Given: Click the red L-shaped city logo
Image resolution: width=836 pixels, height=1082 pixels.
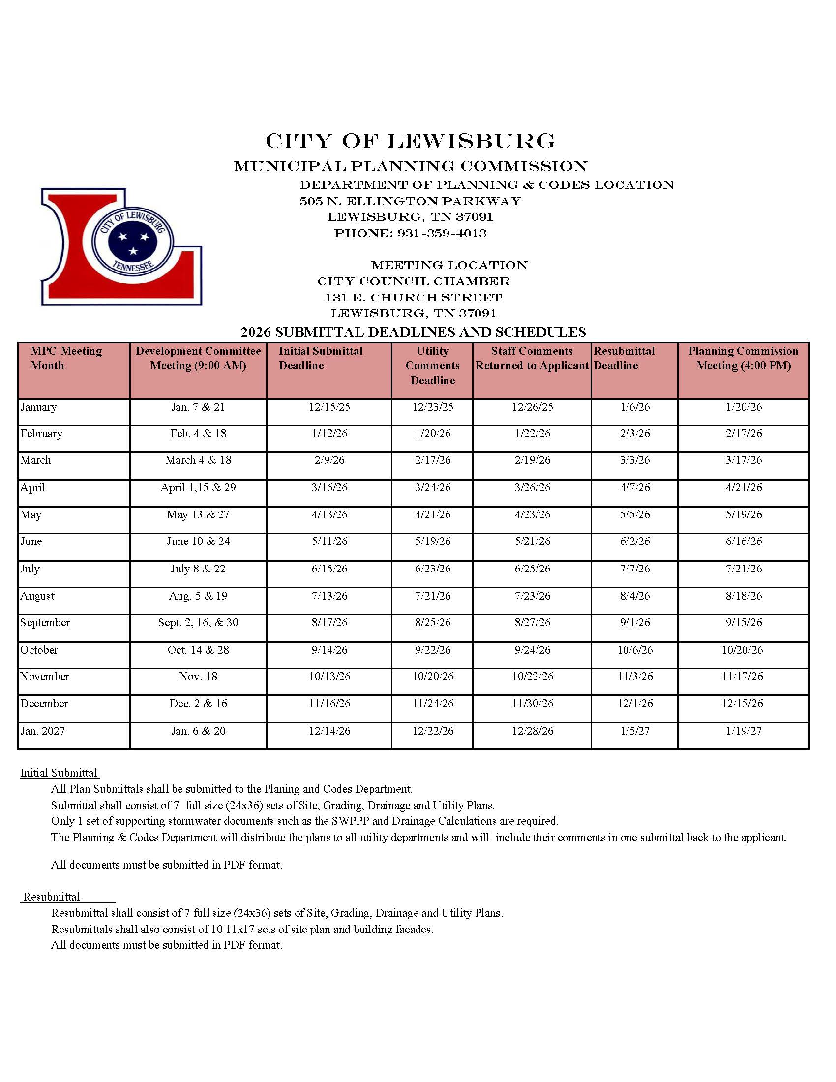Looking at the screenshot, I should point(121,246).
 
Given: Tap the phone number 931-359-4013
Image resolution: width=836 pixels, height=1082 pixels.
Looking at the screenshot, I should point(442,233).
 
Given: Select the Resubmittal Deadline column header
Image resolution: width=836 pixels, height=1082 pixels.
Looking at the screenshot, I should point(624,358).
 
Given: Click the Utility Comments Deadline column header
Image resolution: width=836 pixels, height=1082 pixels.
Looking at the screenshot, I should point(432,365).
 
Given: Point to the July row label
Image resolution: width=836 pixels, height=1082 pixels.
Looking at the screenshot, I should point(30,569).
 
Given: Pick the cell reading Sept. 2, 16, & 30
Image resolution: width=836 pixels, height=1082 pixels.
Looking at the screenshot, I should point(198,622).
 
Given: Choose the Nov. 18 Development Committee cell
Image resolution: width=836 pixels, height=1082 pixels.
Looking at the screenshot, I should point(198,676).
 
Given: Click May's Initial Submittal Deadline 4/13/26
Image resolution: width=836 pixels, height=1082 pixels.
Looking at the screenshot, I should point(329,515).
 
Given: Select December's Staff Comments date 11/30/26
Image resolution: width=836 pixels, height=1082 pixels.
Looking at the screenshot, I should point(533,703).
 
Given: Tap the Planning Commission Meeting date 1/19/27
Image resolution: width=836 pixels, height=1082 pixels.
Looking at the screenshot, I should point(744,731).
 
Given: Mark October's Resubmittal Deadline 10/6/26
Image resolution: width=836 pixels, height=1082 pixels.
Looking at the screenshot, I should point(635,650).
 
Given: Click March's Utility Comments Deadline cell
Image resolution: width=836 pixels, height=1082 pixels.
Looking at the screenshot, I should point(432,460).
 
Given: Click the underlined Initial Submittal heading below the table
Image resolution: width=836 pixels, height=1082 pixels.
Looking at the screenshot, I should point(59,773).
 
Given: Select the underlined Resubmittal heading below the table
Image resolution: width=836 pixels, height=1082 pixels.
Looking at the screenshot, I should point(52,897).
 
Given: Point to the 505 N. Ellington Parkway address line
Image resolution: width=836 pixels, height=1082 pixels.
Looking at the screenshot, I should point(410,201).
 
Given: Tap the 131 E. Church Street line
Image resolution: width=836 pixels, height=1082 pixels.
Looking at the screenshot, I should point(413,298).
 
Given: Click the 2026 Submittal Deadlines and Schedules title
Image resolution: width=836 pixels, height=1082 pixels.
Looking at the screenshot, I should point(413,332).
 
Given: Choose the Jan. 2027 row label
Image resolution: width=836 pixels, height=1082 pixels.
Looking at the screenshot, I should point(43,731).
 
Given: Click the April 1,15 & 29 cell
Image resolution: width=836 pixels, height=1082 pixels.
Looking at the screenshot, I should point(198,487).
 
